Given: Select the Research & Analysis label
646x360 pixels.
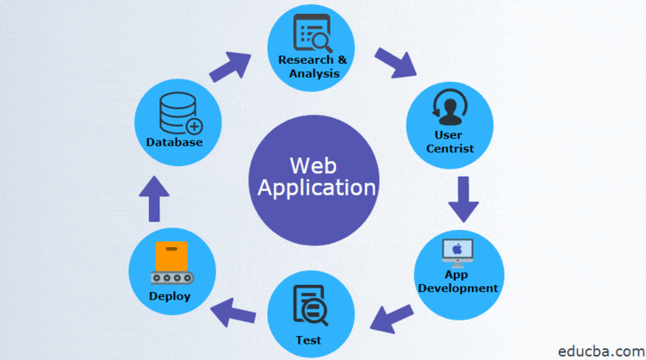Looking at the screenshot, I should click(x=314, y=65).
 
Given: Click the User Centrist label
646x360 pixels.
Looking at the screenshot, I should click(x=449, y=142).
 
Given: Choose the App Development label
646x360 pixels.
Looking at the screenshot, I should click(x=458, y=282).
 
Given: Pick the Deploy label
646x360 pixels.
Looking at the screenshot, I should click(x=170, y=296).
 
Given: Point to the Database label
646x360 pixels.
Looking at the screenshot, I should click(x=175, y=142).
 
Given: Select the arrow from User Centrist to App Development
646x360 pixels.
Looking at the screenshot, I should click(x=463, y=201).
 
